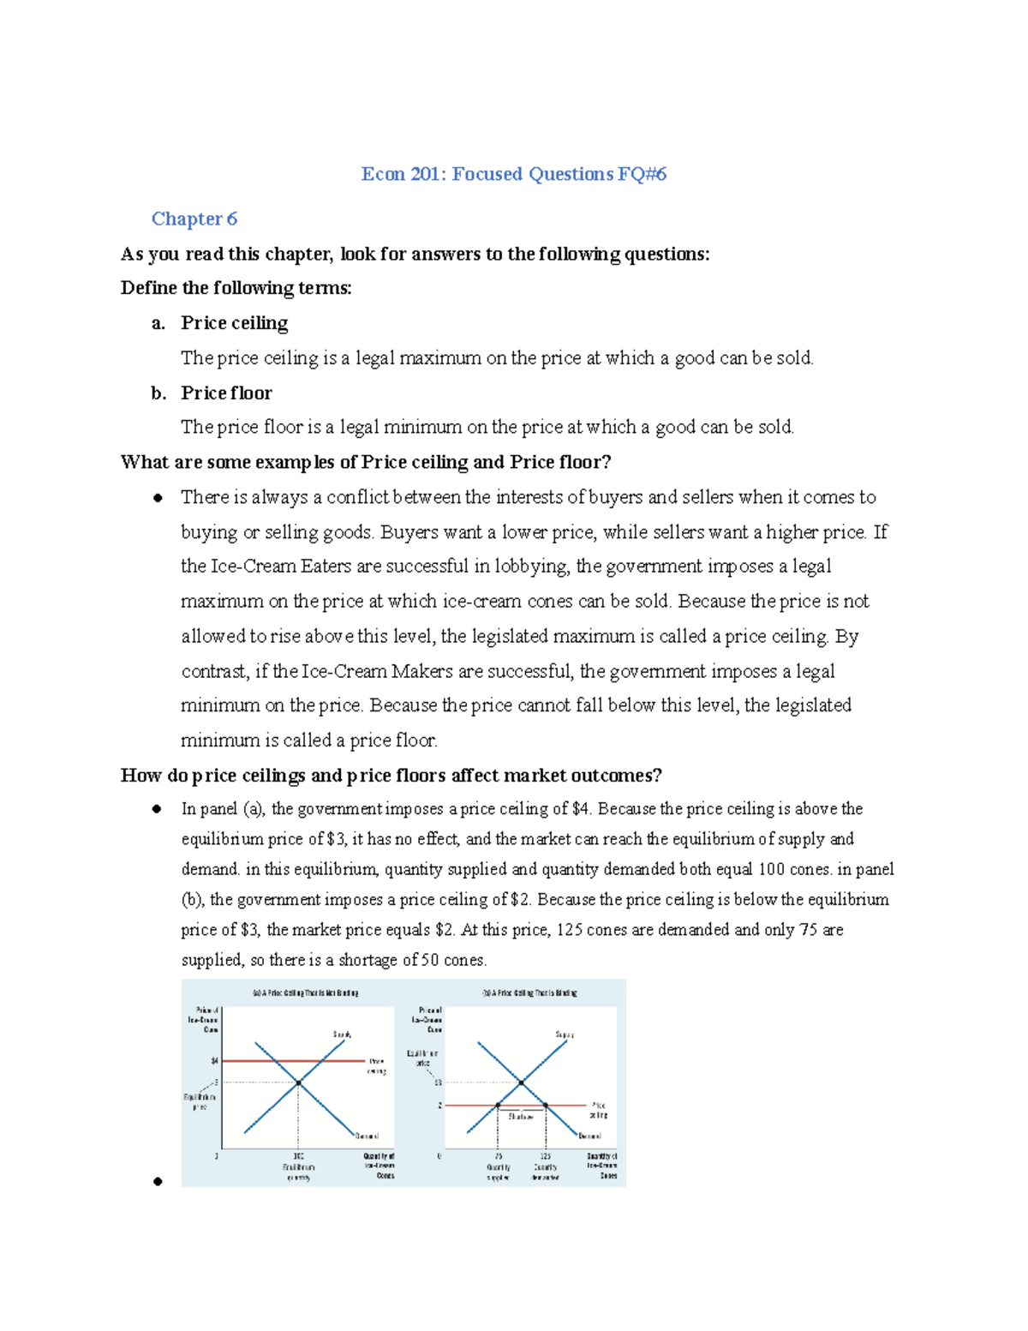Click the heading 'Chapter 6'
pyautogui.click(x=194, y=219)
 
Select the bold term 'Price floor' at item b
pyautogui.click(x=226, y=393)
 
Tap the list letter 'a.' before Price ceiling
pyautogui.click(x=158, y=323)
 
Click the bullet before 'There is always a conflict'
pyautogui.click(x=158, y=498)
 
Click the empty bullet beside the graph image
pyautogui.click(x=158, y=1182)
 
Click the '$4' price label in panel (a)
pyautogui.click(x=214, y=1061)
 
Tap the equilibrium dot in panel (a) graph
pyautogui.click(x=298, y=1083)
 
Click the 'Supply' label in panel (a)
pyautogui.click(x=342, y=1034)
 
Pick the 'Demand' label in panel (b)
pyautogui.click(x=589, y=1136)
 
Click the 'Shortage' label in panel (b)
pyautogui.click(x=521, y=1117)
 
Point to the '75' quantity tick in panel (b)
pyautogui.click(x=498, y=1156)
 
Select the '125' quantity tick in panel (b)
pyautogui.click(x=545, y=1156)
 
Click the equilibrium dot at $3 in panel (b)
pyautogui.click(x=522, y=1083)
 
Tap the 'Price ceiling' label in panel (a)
pyautogui.click(x=377, y=1066)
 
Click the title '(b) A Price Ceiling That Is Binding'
pyautogui.click(x=529, y=993)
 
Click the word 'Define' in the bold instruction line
pyautogui.click(x=148, y=288)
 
